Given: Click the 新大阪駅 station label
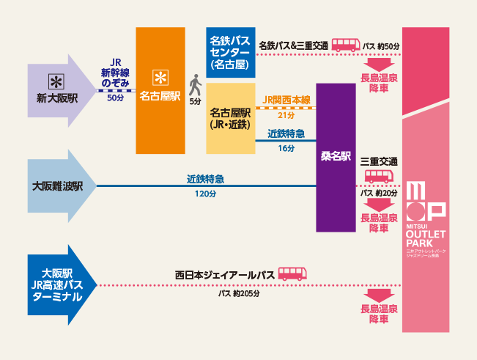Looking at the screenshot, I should [x=57, y=98].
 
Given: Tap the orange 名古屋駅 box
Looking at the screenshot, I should [x=160, y=90].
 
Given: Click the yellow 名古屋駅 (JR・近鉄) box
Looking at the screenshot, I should [x=230, y=118].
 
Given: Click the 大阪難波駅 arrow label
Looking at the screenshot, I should [x=58, y=186].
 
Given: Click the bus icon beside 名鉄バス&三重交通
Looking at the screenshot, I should [x=345, y=45].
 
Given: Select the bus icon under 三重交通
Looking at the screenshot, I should [x=379, y=176].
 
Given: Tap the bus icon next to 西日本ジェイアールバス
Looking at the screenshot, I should [x=292, y=275].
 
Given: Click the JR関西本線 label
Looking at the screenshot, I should [x=286, y=100].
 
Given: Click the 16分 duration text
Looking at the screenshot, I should [x=286, y=149].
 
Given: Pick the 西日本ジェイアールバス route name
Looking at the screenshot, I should [x=224, y=275].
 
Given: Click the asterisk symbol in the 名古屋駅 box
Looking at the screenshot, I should [x=160, y=76].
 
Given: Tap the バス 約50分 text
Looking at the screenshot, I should [x=381, y=46].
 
